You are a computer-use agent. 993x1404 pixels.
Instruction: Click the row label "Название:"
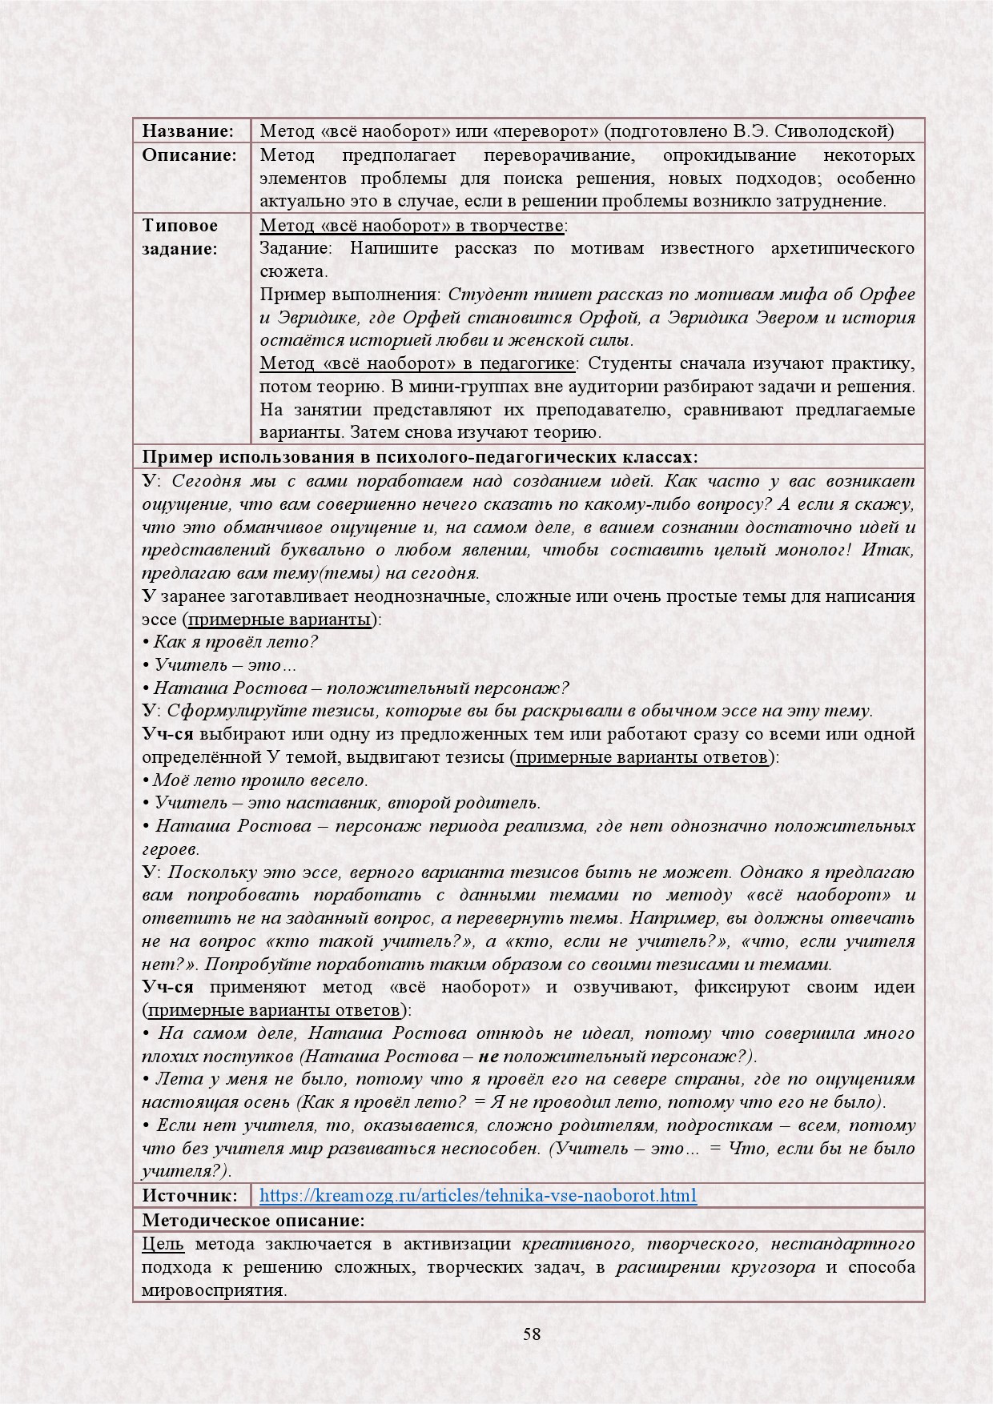(x=187, y=130)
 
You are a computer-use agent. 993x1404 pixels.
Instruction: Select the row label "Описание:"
(x=189, y=154)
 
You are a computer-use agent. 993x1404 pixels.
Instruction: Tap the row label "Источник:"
(x=190, y=1196)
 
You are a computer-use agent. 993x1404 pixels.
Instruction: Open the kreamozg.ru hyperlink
(x=478, y=1196)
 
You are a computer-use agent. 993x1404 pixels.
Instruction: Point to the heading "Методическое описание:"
(x=253, y=1221)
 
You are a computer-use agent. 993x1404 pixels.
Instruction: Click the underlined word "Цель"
(x=163, y=1244)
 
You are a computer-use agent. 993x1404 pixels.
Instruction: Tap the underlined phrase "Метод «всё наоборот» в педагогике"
(x=417, y=363)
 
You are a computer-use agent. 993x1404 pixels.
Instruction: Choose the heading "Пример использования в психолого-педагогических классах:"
(x=420, y=457)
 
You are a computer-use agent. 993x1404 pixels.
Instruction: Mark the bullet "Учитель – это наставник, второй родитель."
(x=347, y=803)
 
